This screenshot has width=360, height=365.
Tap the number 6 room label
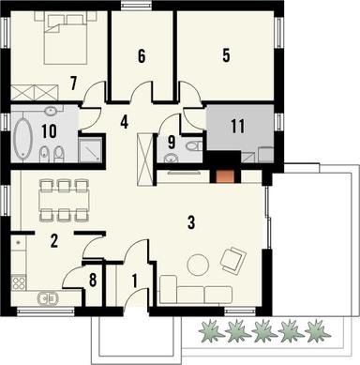(x=142, y=56)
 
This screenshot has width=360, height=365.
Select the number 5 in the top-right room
(x=226, y=55)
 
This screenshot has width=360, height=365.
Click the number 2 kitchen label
(x=54, y=241)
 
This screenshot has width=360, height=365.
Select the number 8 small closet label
(x=92, y=280)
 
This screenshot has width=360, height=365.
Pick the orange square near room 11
(x=224, y=173)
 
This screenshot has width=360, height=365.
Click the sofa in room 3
(x=194, y=291)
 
